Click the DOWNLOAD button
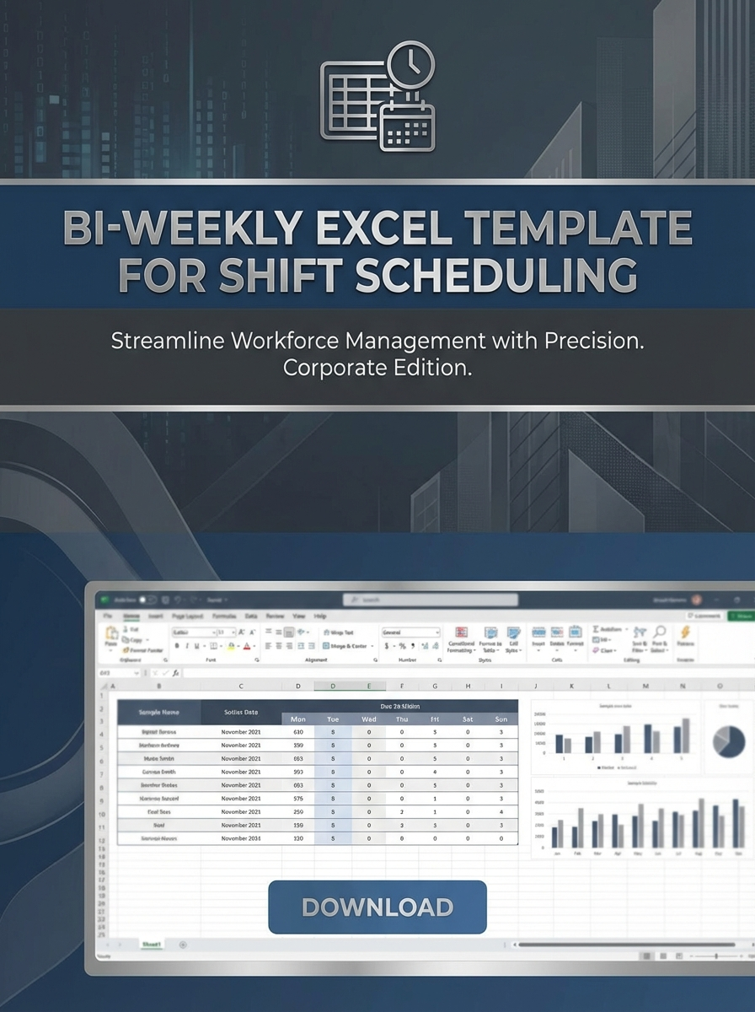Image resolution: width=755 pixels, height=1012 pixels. (x=377, y=907)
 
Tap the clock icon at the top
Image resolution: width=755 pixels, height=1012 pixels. (x=411, y=64)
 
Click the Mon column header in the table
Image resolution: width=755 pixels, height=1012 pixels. (x=297, y=719)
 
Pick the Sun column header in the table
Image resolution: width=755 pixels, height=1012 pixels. (x=501, y=719)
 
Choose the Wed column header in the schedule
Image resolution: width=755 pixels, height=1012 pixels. (x=368, y=719)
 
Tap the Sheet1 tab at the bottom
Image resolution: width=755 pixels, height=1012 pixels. (x=152, y=945)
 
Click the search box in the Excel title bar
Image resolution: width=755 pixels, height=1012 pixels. (x=430, y=600)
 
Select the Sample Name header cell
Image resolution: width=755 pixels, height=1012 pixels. (x=159, y=712)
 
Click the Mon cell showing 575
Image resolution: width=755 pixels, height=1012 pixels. (x=297, y=798)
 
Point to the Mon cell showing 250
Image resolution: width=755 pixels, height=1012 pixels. (x=297, y=811)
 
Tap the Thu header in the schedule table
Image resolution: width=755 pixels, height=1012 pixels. (x=401, y=719)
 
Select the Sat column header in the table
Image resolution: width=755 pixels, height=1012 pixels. (x=468, y=719)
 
